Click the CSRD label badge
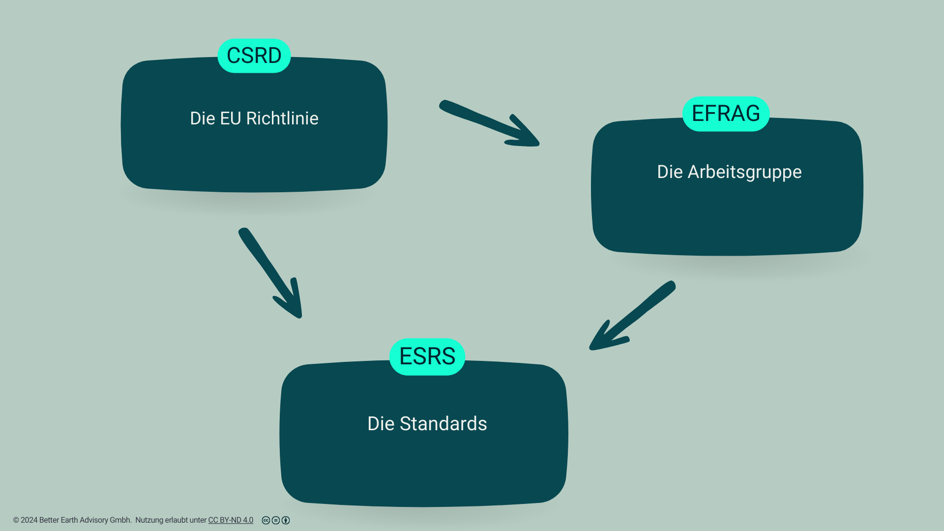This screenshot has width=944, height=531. [254, 56]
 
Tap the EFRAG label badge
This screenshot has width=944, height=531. [726, 114]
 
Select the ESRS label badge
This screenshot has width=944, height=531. [427, 356]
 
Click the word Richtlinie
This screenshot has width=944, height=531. [282, 118]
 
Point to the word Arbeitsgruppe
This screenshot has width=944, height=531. [744, 172]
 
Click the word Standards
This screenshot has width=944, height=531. [443, 424]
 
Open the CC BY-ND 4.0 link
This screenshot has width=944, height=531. [231, 520]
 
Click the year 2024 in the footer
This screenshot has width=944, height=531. [29, 520]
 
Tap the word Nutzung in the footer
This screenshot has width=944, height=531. [149, 520]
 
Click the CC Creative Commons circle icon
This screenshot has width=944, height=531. [266, 520]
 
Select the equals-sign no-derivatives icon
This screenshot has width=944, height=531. [276, 520]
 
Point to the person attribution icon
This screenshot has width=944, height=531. [286, 520]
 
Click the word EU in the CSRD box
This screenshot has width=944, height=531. [231, 118]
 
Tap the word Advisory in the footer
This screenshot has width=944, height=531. [93, 520]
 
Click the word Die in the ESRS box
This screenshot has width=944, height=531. [381, 424]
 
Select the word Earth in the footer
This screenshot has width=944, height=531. [69, 520]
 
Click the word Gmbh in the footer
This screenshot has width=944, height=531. [120, 520]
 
